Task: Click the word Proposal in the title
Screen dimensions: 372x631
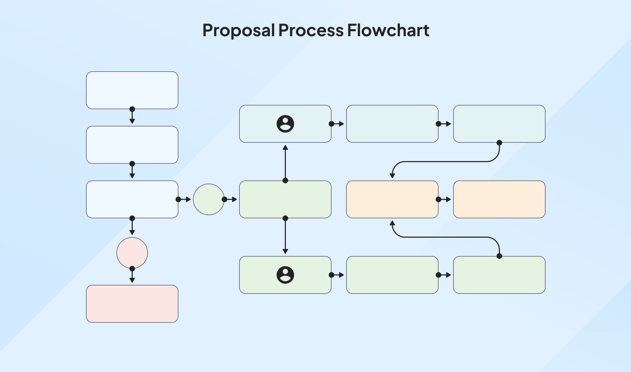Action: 238,31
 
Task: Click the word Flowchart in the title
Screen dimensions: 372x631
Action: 388,31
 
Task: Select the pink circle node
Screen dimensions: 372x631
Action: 132,253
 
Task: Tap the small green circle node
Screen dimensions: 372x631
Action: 209,199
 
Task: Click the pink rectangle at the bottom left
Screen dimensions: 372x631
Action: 132,304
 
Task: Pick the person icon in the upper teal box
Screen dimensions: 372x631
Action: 285,124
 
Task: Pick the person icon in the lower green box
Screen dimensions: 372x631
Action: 285,275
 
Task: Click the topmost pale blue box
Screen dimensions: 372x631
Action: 132,90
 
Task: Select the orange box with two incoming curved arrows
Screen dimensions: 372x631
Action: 392,199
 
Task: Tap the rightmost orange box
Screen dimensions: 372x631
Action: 499,199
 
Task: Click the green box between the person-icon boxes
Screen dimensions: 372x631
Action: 285,199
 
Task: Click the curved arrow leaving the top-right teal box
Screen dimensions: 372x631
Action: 444,161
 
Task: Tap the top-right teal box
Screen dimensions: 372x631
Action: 499,124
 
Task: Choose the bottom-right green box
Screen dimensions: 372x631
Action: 499,275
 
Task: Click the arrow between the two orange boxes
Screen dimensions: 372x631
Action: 444,199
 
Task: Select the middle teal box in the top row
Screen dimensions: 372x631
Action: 392,124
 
